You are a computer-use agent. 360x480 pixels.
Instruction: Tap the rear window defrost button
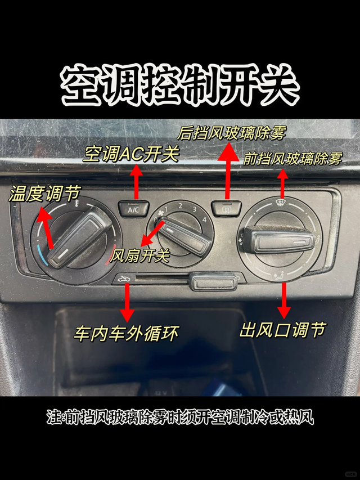[x=226, y=209]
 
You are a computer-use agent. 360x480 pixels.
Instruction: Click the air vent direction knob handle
[x=278, y=239]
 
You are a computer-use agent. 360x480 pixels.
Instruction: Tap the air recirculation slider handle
[x=213, y=281]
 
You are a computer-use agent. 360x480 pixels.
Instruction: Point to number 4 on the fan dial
[x=204, y=220]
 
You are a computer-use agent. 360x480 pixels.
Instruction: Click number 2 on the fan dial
[x=181, y=206]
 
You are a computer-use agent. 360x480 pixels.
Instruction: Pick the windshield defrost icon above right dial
[x=280, y=203]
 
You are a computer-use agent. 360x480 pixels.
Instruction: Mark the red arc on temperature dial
[x=111, y=255]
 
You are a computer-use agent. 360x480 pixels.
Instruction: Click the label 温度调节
[x=44, y=194]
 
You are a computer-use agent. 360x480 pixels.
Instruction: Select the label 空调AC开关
[x=131, y=154]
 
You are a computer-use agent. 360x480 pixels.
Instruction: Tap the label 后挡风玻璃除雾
[x=232, y=133]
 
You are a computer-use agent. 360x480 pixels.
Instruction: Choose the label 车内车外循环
[x=126, y=333]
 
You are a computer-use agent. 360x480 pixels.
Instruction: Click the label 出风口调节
[x=282, y=330]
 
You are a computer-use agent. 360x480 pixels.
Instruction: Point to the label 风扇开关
[x=139, y=255]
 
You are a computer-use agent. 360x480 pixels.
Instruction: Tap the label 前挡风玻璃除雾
[x=292, y=159]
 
